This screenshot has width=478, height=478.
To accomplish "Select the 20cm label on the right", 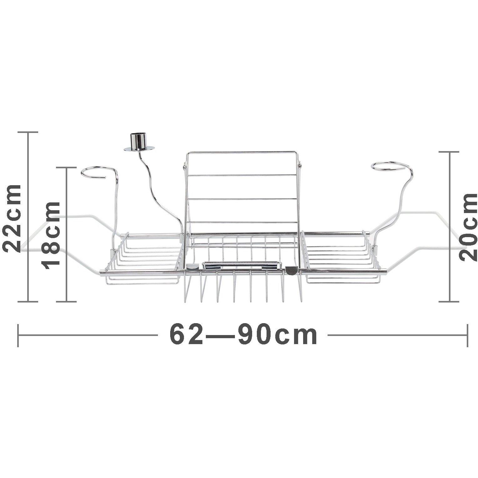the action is pos(468,226).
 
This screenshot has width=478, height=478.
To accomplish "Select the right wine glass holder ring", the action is pos(391,167).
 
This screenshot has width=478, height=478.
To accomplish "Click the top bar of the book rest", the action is pos(242,152).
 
